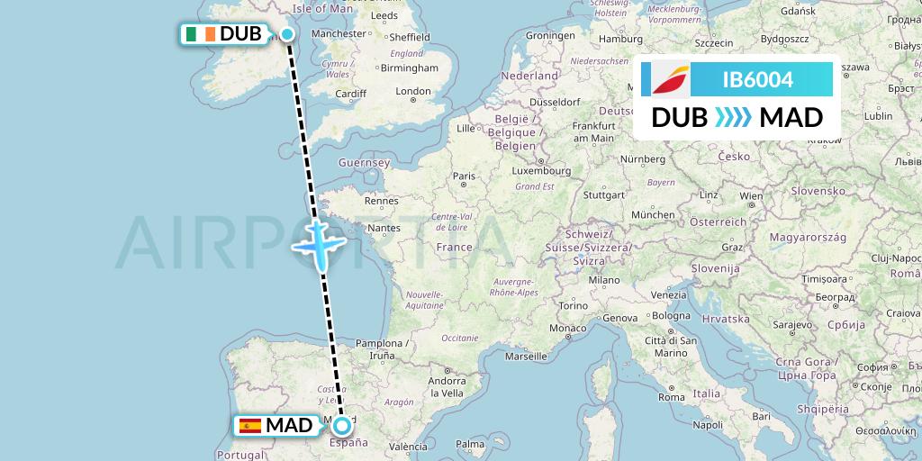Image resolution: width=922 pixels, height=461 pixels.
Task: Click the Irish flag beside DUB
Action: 201,34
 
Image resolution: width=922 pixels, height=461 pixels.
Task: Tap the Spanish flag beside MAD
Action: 250,425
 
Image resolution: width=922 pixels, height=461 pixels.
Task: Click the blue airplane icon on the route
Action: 319,240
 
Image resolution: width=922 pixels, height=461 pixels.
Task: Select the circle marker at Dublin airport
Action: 287,34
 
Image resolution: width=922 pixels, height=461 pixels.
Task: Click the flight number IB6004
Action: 757,80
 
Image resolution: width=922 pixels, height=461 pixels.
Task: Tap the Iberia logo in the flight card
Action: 665,80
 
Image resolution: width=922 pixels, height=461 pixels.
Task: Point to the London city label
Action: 413,91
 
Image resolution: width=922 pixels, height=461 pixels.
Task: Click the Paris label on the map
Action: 464,176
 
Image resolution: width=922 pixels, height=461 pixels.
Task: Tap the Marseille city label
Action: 527,356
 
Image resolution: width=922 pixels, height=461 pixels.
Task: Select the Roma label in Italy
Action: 672,396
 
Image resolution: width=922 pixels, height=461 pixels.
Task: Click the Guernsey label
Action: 363,162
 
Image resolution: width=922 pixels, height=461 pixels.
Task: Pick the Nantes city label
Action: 384,229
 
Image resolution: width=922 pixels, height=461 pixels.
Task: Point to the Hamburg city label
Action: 620,39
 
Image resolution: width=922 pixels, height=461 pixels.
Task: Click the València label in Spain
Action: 408,447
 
